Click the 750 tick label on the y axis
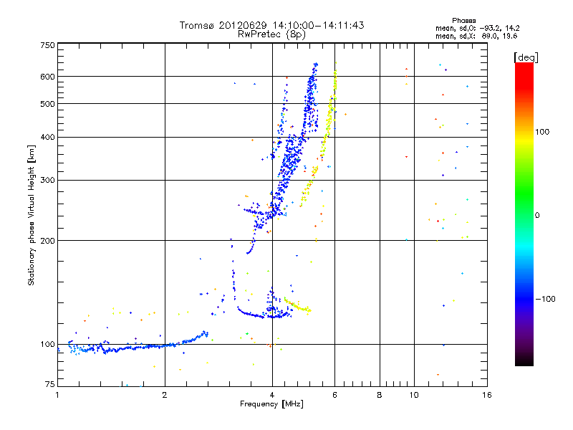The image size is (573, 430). coord(47,44)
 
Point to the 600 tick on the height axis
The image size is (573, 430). coord(47,76)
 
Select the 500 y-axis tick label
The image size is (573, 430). coord(47,103)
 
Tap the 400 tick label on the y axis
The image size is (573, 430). coord(47,137)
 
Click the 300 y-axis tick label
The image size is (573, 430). coord(47,180)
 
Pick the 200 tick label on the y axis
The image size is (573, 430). coord(47,240)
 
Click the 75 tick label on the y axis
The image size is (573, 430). coord(49,384)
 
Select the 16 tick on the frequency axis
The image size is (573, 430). coord(487,395)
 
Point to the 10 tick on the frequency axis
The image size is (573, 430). coord(413,395)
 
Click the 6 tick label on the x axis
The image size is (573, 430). coord(335,395)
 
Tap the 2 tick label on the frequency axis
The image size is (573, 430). coord(165,395)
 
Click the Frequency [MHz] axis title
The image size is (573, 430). coord(272,404)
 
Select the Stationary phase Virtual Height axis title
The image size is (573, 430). coord(32,215)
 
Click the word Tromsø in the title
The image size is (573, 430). coord(197,25)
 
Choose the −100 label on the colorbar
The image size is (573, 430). coord(545,299)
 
